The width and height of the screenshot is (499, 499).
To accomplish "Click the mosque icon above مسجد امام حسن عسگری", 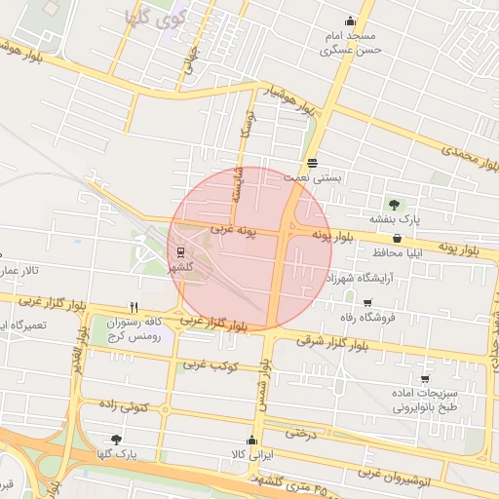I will pyautogui.click(x=350, y=21).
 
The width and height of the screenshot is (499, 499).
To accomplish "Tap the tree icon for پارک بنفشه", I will pyautogui.click(x=394, y=205).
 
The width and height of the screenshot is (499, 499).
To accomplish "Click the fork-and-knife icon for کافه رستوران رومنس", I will pyautogui.click(x=134, y=306).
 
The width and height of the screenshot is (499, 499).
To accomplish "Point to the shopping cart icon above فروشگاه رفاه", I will pyautogui.click(x=366, y=303).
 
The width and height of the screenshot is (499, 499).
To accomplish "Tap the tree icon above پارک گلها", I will pyautogui.click(x=117, y=440).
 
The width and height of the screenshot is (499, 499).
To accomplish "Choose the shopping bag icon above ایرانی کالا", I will pyautogui.click(x=252, y=440).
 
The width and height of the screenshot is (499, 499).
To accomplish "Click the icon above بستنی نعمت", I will pyautogui.click(x=312, y=163).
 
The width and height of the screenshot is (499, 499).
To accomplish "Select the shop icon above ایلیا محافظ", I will pyautogui.click(x=397, y=238).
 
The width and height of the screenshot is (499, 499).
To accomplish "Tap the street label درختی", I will pyautogui.click(x=302, y=432).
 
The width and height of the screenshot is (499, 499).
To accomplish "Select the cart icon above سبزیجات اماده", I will pyautogui.click(x=425, y=378).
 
